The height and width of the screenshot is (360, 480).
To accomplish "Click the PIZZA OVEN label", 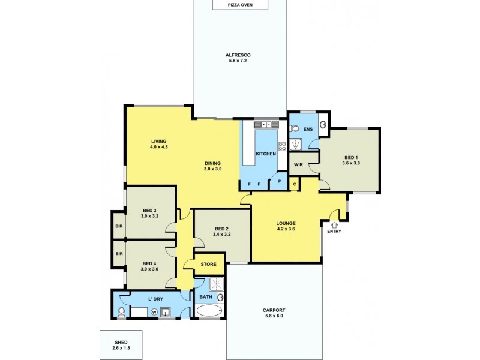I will pyautogui.click(x=239, y=5).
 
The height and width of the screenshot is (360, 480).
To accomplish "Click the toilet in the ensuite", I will pyautogui.click(x=295, y=128).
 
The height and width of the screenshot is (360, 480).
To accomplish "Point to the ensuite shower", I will pyautogui.click(x=295, y=144).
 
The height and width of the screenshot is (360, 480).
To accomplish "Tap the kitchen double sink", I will pyautogui.click(x=263, y=125).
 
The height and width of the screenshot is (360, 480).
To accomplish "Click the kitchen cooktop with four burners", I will pyautogui.click(x=282, y=145).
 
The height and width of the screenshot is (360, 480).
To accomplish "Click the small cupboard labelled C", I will pyautogui.click(x=294, y=184).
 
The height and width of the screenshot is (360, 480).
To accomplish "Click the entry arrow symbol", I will pyautogui.click(x=333, y=224).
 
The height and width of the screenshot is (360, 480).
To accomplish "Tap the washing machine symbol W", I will pyautogui.click(x=154, y=311).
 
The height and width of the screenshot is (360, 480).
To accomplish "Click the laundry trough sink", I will pyautogui.click(x=166, y=312).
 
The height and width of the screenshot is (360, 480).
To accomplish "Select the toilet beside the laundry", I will pyautogui.click(x=122, y=311).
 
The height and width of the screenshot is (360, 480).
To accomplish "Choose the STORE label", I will pyautogui.click(x=208, y=263).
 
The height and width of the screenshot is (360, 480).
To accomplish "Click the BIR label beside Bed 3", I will pyautogui.click(x=118, y=226).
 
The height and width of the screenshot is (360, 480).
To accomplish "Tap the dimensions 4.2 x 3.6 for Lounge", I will pyautogui.click(x=286, y=230).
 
